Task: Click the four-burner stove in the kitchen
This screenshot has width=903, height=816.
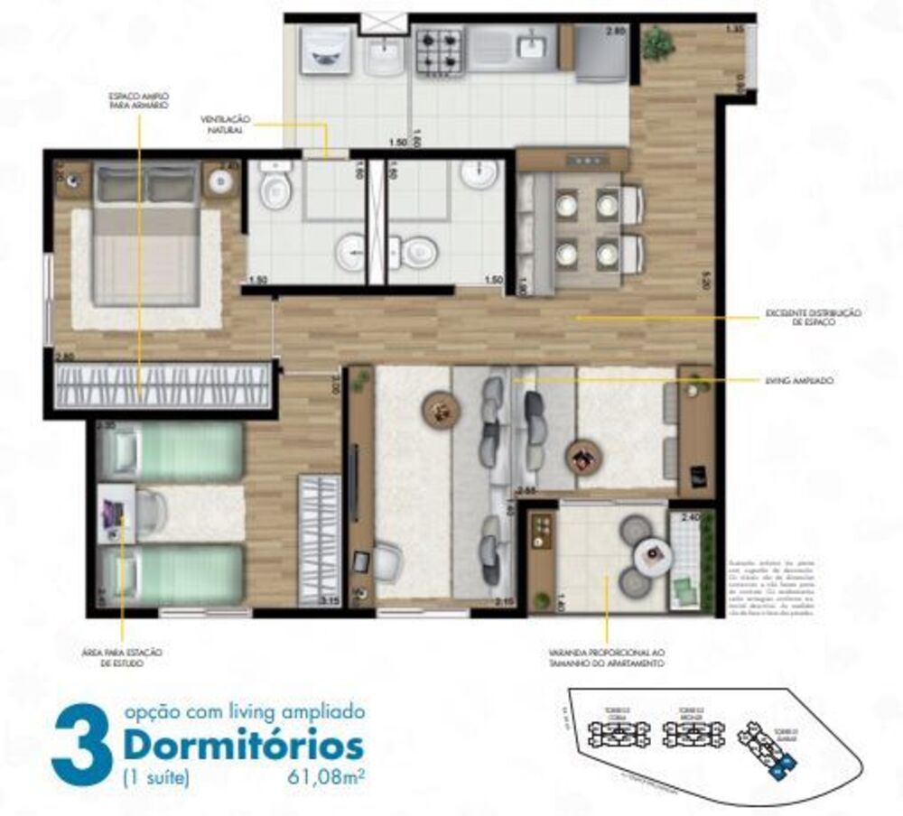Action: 439,51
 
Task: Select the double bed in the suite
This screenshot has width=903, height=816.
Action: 145,237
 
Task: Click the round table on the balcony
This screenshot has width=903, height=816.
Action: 651,553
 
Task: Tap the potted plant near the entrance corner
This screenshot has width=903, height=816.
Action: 658,42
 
